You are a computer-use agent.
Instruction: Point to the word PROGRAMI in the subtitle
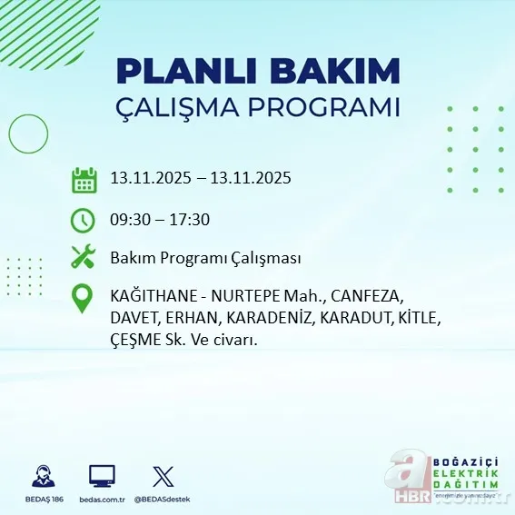tap(324, 107)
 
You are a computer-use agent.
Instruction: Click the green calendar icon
tap(84, 180)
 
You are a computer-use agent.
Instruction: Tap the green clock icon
tap(84, 219)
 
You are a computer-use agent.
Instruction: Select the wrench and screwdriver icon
tap(84, 258)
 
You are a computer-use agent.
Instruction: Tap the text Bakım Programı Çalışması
tap(204, 258)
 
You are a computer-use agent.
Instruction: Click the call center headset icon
tap(41, 476)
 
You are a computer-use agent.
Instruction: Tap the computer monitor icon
tap(102, 476)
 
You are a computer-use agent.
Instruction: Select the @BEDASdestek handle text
tap(163, 500)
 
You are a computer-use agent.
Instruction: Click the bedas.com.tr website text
tap(102, 500)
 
